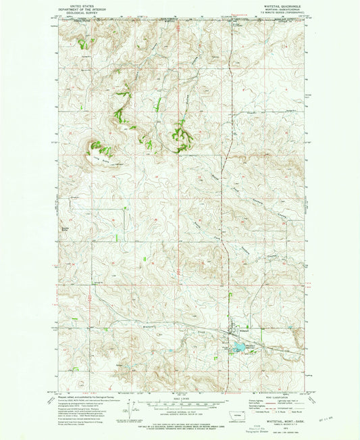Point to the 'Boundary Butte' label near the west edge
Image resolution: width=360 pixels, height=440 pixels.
pyautogui.click(x=66, y=229)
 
